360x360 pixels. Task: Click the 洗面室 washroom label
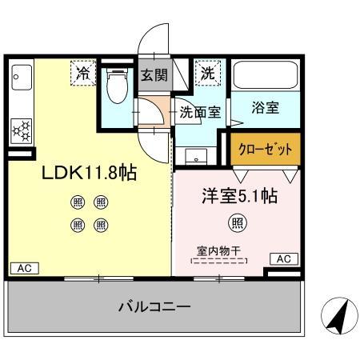199,112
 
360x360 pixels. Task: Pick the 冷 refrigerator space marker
83,73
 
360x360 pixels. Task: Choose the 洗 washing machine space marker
208,73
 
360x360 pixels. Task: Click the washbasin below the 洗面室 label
199,154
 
